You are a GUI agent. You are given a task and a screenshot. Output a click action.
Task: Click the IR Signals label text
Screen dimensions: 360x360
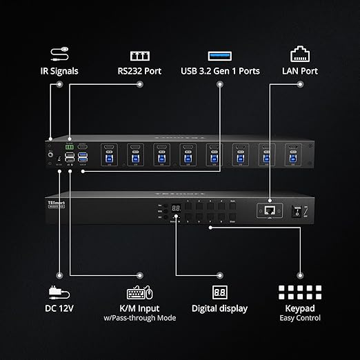click(x=60, y=70)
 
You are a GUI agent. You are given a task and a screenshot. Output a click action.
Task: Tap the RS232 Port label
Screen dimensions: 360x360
click(x=140, y=70)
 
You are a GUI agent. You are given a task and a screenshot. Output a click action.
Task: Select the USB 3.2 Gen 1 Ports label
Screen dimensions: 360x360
click(x=221, y=70)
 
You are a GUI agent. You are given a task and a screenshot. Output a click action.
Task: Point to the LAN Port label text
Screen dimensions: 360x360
click(x=300, y=70)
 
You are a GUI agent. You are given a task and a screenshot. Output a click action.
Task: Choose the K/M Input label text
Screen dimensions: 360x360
click(x=140, y=308)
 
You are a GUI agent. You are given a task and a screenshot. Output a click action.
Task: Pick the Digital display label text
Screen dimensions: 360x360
click(x=220, y=308)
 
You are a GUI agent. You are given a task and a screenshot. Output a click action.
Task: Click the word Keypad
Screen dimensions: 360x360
click(x=299, y=308)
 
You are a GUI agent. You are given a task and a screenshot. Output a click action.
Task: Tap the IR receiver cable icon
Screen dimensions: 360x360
click(x=59, y=52)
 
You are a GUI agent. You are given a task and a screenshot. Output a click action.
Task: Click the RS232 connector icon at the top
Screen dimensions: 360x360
click(x=140, y=54)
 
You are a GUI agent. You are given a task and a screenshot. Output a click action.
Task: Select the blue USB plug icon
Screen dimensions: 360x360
click(x=221, y=54)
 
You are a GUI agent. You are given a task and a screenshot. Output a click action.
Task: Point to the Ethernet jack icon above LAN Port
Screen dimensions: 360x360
click(x=300, y=52)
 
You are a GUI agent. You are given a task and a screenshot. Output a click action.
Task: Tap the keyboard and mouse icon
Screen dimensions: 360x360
click(x=139, y=291)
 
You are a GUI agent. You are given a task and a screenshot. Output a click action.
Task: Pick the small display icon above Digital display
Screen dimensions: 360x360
click(x=220, y=291)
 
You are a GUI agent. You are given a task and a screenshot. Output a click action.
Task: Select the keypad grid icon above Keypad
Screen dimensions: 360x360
click(x=299, y=291)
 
